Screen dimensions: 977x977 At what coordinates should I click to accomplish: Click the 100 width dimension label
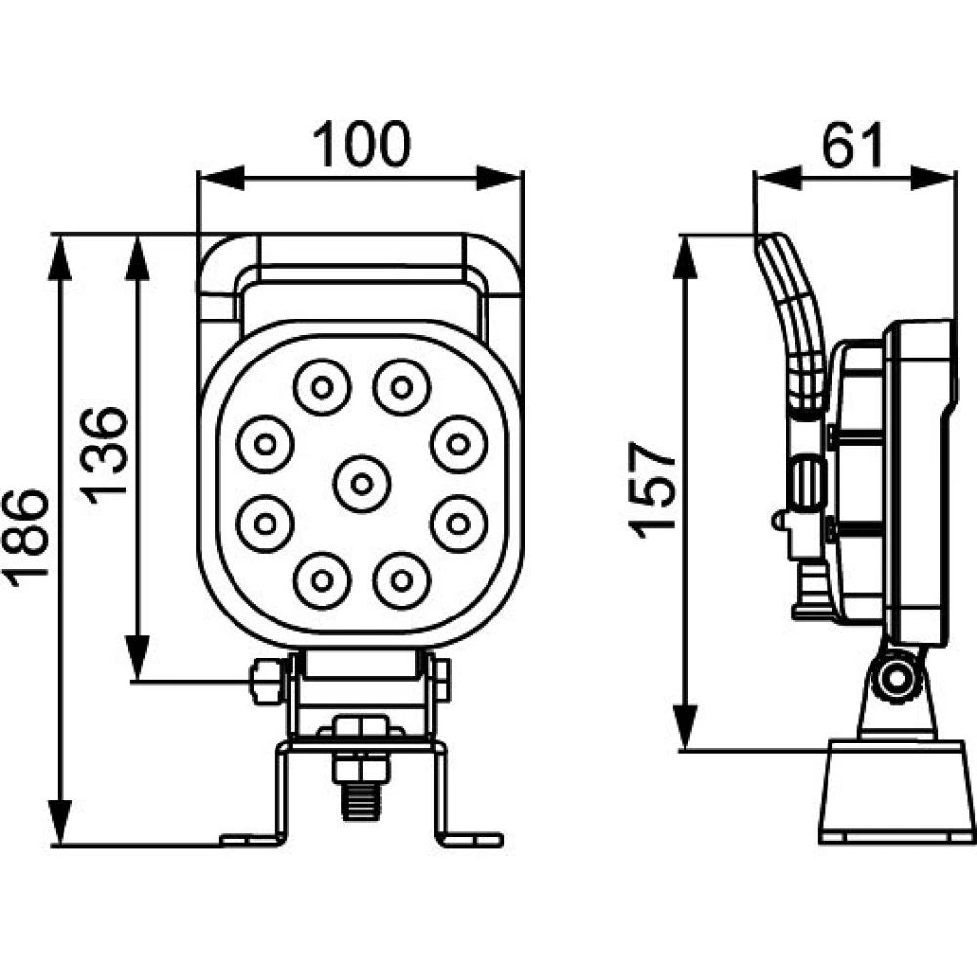click(x=361, y=145)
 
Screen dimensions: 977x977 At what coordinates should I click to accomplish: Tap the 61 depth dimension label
click(x=852, y=146)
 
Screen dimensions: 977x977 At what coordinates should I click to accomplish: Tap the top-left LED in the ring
click(x=322, y=388)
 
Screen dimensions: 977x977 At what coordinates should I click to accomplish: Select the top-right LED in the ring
click(x=402, y=388)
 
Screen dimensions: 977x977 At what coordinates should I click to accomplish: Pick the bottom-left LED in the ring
click(x=322, y=580)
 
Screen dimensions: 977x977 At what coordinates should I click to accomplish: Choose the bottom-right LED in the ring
click(x=402, y=580)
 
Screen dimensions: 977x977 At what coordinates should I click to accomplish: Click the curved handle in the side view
click(x=794, y=322)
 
